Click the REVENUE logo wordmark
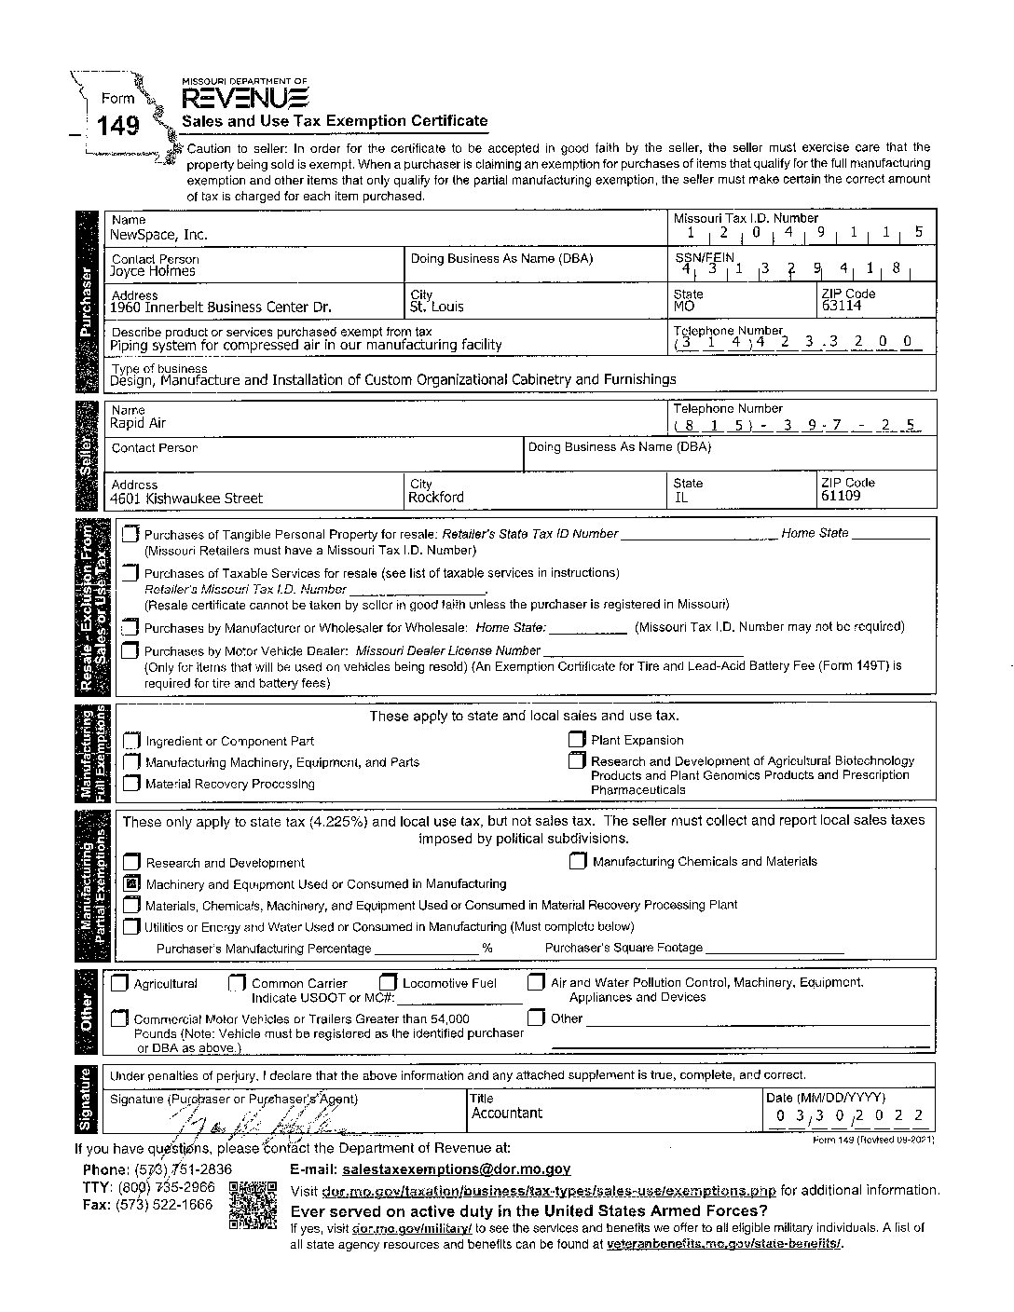(244, 98)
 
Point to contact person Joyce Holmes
(153, 271)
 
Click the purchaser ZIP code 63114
(842, 306)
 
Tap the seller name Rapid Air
(138, 423)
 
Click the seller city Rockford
(435, 498)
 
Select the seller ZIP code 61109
(841, 496)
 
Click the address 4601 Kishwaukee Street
(186, 499)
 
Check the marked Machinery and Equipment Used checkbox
(131, 883)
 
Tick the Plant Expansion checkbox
(577, 740)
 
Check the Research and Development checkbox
(131, 862)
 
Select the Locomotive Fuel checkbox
(388, 982)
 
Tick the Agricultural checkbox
(119, 983)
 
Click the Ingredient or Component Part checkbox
(131, 741)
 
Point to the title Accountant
(506, 1114)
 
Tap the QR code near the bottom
(253, 1206)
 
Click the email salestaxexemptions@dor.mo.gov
(457, 1168)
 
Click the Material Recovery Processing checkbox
(131, 784)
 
